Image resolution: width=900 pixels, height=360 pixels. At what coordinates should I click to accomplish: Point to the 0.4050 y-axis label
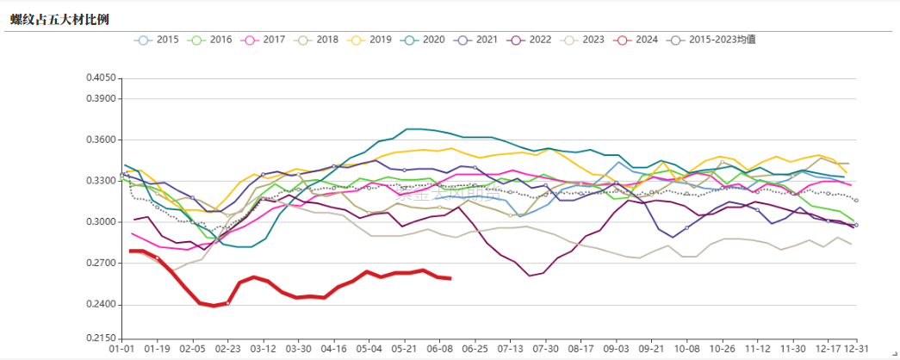click(101, 78)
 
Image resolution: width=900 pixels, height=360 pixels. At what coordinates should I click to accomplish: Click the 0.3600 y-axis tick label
click(101, 140)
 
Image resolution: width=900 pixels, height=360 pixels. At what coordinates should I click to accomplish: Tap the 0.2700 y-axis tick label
click(101, 264)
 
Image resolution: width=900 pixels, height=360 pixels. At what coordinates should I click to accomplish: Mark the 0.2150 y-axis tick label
click(101, 338)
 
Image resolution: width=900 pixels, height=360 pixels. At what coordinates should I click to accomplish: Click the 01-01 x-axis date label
click(121, 349)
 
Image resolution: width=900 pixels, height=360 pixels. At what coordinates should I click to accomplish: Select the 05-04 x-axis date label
click(369, 349)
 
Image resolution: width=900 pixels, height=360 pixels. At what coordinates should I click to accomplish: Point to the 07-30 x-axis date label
click(546, 349)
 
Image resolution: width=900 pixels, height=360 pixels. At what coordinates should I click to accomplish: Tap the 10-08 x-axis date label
click(687, 349)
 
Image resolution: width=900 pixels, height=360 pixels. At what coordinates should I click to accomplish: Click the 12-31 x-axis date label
click(856, 349)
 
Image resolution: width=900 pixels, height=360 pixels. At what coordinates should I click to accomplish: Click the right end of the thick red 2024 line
click(450, 277)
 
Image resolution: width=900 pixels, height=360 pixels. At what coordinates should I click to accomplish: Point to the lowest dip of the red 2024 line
click(213, 306)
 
